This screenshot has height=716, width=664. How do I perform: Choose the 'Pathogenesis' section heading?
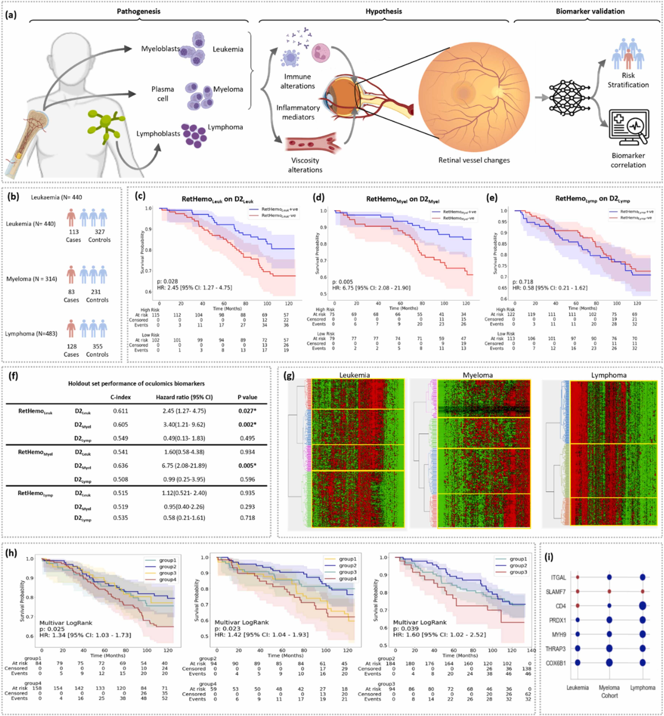tap(138, 11)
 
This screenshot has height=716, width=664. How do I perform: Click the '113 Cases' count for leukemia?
tap(73, 236)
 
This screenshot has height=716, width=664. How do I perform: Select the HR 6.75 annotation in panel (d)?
tap(371, 288)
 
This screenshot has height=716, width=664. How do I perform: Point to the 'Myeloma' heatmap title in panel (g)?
tap(478, 375)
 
